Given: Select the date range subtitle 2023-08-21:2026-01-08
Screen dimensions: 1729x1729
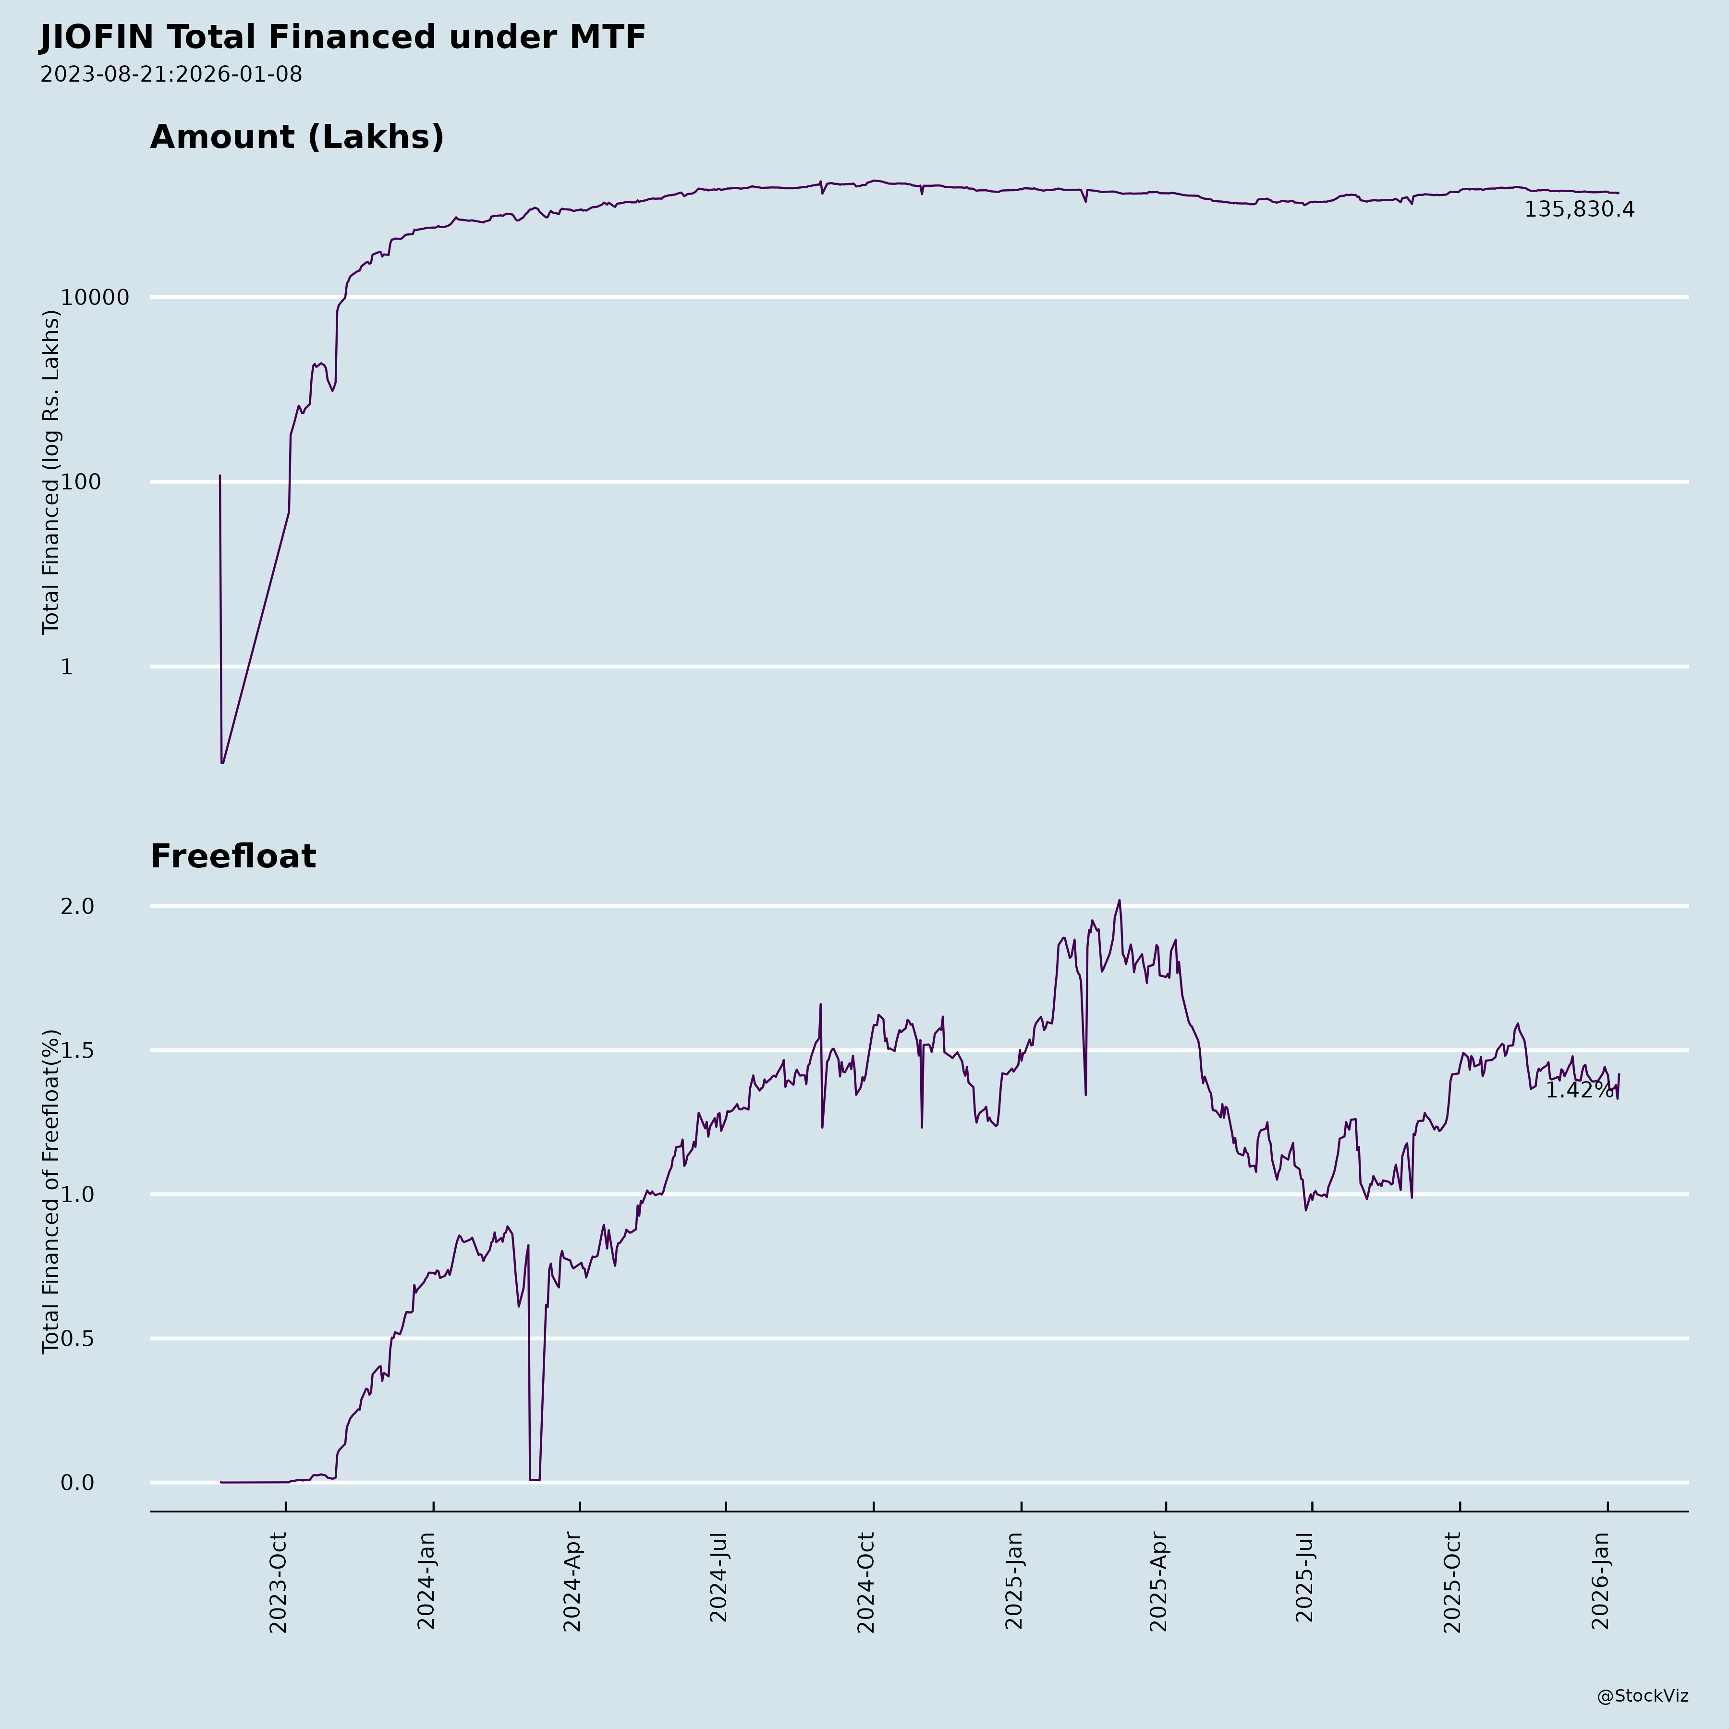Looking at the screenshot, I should click(171, 74).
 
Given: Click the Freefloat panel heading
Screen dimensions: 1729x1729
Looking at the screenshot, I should click(232, 856).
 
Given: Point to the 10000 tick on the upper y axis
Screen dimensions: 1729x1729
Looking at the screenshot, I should click(95, 297).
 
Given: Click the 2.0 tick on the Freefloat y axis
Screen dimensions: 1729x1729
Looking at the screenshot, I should click(77, 907).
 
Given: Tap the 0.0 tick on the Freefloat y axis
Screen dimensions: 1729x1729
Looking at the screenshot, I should click(77, 1483).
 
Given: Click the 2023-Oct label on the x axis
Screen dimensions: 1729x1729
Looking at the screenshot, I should click(278, 1582).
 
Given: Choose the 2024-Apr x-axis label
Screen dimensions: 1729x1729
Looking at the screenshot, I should click(572, 1582).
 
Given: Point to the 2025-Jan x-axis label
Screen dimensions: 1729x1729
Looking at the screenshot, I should click(1013, 1582).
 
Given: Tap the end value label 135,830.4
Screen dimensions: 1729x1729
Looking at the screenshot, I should click(1579, 209).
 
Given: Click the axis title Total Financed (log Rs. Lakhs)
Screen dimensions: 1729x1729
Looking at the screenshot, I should click(51, 473).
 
